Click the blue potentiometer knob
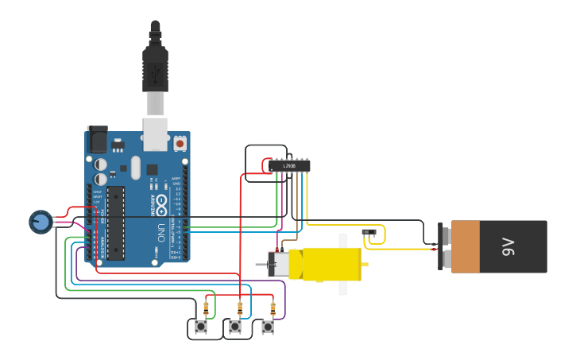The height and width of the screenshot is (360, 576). click(41, 221)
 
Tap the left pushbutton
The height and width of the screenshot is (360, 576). click(201, 327)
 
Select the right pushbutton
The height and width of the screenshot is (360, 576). click(268, 327)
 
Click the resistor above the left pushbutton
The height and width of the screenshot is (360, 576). click(207, 308)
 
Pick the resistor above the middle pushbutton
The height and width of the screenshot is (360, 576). click(240, 308)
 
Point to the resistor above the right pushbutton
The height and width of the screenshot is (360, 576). click(273, 308)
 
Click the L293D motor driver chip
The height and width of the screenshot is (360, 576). click(289, 165)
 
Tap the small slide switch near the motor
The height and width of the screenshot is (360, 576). click(369, 233)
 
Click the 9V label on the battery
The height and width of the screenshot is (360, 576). click(509, 247)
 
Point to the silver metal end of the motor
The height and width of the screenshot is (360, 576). click(278, 264)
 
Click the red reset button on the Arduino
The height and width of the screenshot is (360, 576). click(180, 144)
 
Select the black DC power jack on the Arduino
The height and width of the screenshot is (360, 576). click(97, 140)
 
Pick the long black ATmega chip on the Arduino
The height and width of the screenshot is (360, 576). click(116, 223)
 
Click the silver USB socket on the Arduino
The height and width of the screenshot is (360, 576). click(155, 134)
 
